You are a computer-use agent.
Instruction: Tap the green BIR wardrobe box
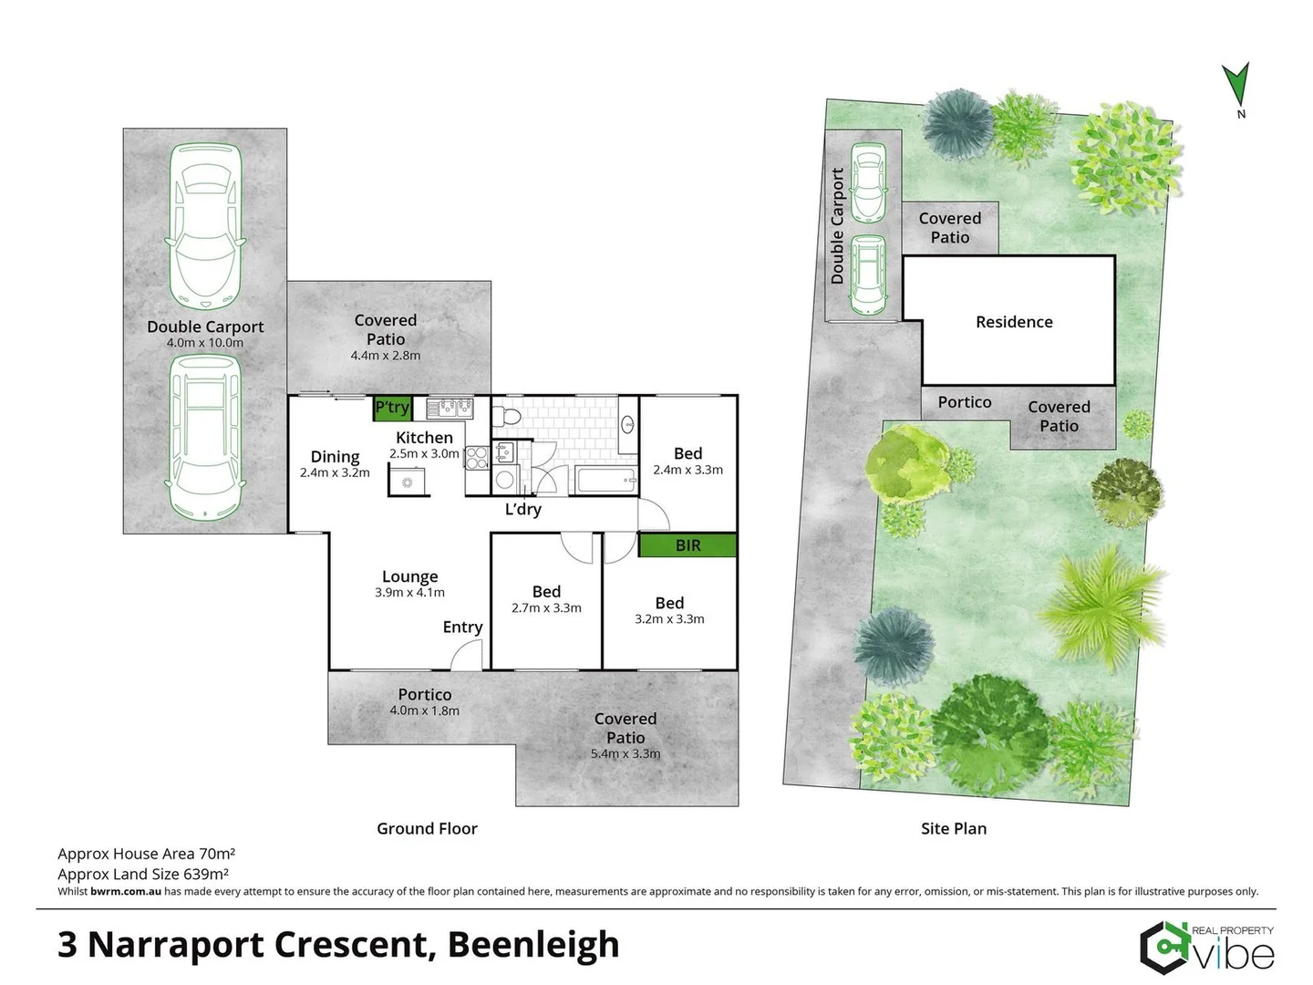[688, 545]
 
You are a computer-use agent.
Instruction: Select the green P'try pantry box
[392, 408]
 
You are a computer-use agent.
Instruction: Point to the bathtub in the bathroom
[605, 480]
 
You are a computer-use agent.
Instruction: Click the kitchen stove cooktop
[477, 457]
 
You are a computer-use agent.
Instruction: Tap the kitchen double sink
[450, 408]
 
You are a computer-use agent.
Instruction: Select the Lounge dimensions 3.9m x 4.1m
[409, 593]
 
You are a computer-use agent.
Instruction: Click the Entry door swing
[467, 655]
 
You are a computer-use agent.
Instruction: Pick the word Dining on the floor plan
[335, 456]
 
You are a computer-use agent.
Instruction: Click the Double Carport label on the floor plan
[205, 327]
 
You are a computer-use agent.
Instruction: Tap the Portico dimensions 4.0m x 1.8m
[424, 710]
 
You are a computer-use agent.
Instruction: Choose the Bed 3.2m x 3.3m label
[669, 610]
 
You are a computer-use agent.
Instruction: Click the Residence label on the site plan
[1014, 322]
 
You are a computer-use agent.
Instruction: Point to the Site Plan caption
[953, 828]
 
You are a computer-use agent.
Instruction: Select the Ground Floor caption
[427, 828]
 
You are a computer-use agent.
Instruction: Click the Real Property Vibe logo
[1206, 949]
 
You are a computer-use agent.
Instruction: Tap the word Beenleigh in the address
[533, 945]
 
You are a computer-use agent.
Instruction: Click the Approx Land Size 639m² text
[143, 874]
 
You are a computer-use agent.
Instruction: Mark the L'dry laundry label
[523, 509]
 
